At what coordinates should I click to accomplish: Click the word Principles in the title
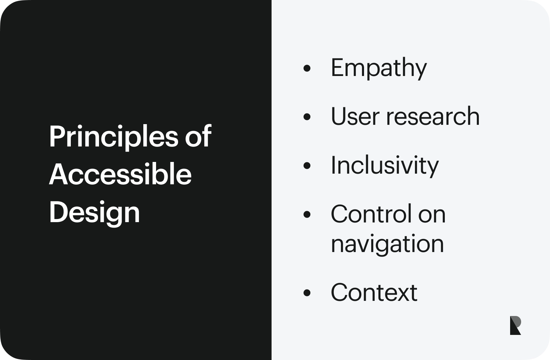[x=114, y=137]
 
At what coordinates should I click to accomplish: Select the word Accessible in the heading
[x=120, y=174]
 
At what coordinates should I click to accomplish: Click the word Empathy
[x=379, y=68]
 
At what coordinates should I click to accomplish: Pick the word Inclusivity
[x=385, y=166]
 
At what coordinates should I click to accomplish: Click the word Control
[x=371, y=214]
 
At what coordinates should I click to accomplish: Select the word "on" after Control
[x=432, y=216]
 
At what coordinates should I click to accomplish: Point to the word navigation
[x=387, y=244]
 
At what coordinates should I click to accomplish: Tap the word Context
[x=374, y=292]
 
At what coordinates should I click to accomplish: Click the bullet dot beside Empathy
[x=307, y=68]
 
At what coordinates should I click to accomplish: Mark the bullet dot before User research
[x=307, y=117]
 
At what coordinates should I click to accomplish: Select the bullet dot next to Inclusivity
[x=307, y=165]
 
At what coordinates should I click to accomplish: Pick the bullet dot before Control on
[x=307, y=214]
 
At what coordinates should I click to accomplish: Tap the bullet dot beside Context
[x=307, y=293]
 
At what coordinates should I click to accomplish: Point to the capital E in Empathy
[x=338, y=67]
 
